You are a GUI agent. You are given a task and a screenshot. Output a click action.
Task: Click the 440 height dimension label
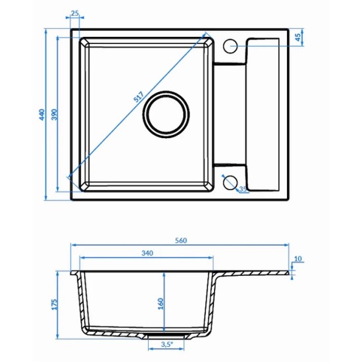(x=41, y=115)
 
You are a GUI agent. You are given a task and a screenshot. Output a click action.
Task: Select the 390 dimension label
(x=54, y=115)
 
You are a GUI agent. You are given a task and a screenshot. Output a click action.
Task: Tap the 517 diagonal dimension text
(x=138, y=97)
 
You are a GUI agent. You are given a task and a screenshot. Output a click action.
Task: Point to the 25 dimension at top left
(x=74, y=13)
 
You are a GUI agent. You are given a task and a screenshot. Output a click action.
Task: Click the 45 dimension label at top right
(x=297, y=37)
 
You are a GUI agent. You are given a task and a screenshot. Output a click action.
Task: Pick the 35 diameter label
(x=243, y=189)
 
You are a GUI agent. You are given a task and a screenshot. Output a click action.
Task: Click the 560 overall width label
(x=181, y=240)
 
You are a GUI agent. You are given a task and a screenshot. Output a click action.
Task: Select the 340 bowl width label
(x=147, y=253)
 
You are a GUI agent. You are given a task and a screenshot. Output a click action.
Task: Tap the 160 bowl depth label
(x=161, y=304)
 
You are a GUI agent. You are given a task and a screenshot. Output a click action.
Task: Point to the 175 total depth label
(x=54, y=305)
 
